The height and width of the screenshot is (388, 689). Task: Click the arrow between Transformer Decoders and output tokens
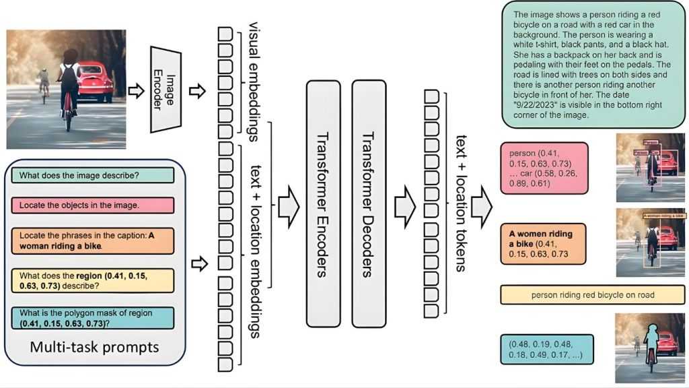coord(404,203)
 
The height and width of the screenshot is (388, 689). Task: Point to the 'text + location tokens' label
coord(461,203)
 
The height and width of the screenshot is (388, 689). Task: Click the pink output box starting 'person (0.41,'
coord(544,167)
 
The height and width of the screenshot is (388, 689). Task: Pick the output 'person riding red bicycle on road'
coord(592,294)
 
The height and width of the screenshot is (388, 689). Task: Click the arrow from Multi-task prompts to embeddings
coord(197,265)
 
